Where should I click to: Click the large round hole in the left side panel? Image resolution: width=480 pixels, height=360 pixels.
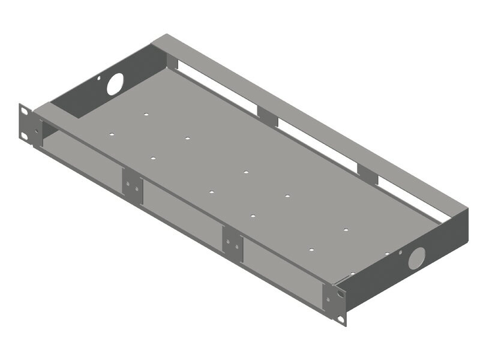tap(115, 83)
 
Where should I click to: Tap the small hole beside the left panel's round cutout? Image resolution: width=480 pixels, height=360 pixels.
tap(100, 77)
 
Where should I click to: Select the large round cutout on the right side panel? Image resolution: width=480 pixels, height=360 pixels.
tap(416, 257)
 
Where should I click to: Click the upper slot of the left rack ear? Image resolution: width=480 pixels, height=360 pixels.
tap(25, 111)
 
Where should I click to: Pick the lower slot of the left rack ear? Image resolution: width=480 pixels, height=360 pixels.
tap(25, 136)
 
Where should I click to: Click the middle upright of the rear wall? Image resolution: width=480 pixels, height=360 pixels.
tap(268, 116)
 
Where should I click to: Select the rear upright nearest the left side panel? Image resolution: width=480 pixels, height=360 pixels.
tap(172, 61)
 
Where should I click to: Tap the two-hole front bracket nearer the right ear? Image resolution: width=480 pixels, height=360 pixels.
tap(233, 242)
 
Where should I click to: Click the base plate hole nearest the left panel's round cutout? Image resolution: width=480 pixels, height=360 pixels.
tap(146, 113)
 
